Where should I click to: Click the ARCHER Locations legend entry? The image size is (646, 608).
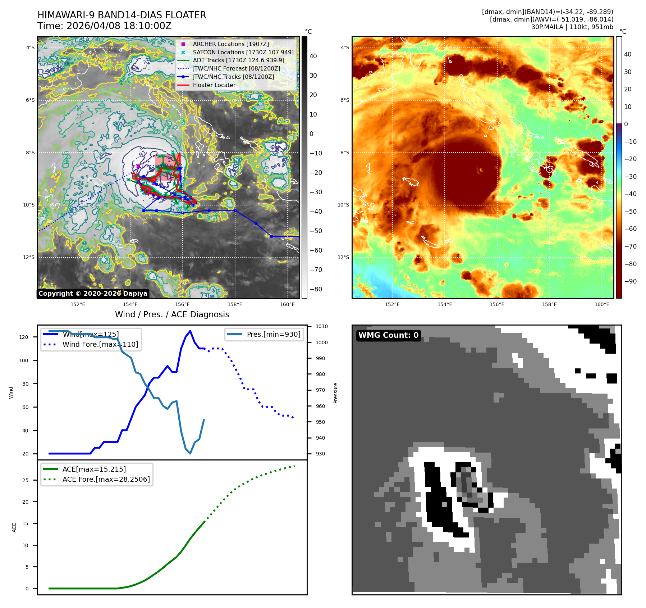(x=230, y=44)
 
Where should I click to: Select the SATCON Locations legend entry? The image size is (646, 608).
(x=243, y=52)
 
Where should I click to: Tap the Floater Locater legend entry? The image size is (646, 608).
(x=214, y=85)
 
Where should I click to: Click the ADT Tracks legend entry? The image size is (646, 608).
(x=238, y=60)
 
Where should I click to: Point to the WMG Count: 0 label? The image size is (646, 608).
(x=388, y=335)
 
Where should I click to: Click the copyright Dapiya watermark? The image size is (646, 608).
(x=93, y=294)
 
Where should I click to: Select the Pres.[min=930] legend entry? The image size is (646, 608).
(x=273, y=334)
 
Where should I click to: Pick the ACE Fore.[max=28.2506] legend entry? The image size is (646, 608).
(x=106, y=479)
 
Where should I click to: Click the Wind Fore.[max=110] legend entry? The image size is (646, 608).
(x=100, y=344)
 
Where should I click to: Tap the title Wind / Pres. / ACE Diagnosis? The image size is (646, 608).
(x=172, y=314)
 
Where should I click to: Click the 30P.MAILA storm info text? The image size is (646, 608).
(x=572, y=27)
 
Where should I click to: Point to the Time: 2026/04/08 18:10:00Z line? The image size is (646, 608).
(x=104, y=26)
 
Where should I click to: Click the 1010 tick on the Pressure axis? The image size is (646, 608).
(x=322, y=326)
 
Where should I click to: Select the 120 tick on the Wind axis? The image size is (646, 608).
(x=24, y=337)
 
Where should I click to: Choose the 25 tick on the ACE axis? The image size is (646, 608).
(x=25, y=480)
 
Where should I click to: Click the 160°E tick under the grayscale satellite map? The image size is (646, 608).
(x=287, y=304)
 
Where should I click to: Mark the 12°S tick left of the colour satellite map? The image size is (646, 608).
(x=343, y=257)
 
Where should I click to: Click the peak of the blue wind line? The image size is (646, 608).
(x=190, y=331)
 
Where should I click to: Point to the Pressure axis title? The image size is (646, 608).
(x=335, y=393)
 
